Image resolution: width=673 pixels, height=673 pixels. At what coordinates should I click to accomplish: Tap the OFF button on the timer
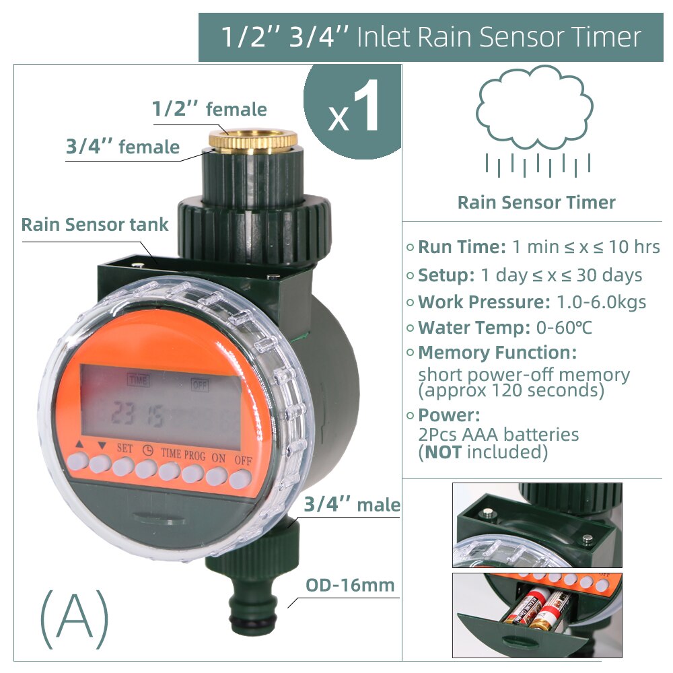(239, 479)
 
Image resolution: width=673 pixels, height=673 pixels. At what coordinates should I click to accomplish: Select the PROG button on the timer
(192, 474)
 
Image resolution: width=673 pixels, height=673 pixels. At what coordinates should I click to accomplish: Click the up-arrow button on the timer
(77, 461)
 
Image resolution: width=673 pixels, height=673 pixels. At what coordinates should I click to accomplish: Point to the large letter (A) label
(74, 617)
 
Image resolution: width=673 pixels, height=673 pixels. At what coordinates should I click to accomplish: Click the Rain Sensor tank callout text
(95, 225)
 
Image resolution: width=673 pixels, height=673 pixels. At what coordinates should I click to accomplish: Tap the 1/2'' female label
(209, 109)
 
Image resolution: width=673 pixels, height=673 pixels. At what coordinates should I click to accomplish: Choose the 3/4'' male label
(352, 505)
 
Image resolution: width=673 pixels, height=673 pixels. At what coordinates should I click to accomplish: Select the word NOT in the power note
(442, 452)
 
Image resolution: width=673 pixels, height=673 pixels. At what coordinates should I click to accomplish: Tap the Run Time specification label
(461, 247)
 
